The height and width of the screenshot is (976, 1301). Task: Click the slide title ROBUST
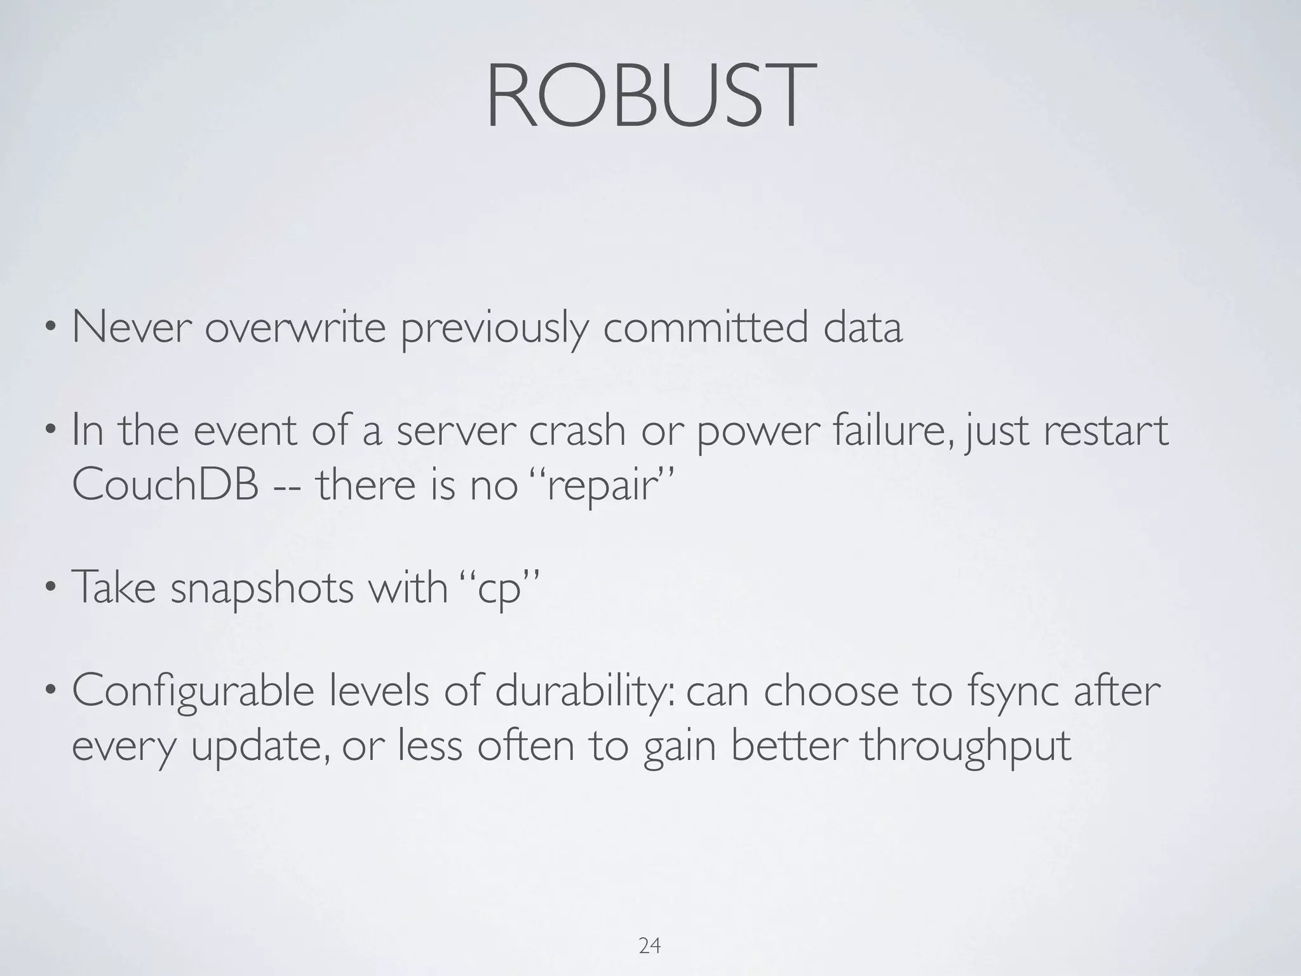pyautogui.click(x=650, y=97)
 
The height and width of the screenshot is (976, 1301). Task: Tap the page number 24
pyautogui.click(x=649, y=946)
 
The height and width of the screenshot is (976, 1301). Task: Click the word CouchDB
pyautogui.click(x=166, y=485)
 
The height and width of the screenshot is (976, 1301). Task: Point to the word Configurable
pyautogui.click(x=193, y=692)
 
